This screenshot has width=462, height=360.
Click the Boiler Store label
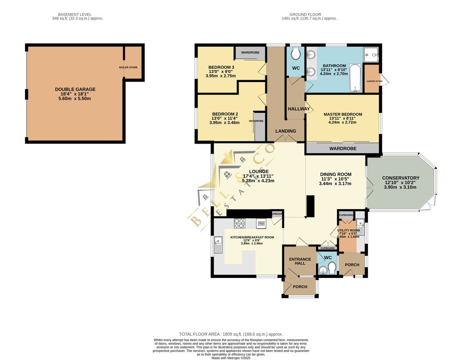tap(128, 67)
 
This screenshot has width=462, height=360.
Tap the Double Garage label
tap(75, 89)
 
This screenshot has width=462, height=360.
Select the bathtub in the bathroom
tap(355, 78)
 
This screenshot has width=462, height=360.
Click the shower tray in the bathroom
tap(371, 55)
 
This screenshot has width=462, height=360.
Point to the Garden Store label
tap(374, 81)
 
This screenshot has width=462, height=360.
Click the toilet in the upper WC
tap(296, 53)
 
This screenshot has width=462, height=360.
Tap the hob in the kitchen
tap(239, 223)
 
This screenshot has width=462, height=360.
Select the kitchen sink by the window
tap(218, 245)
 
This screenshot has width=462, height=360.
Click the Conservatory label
tap(400, 178)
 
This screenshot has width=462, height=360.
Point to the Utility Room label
tap(348, 230)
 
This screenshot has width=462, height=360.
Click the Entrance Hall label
tap(300, 261)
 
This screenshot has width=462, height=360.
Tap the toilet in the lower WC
tap(331, 268)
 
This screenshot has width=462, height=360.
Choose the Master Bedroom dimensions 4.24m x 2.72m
tap(342, 122)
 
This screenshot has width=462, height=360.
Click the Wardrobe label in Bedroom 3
tap(250, 52)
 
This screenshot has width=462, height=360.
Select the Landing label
tap(286, 131)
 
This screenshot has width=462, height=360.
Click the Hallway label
tap(299, 109)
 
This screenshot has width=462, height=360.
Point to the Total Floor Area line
tap(231, 334)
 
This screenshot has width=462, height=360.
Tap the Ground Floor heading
tap(305, 15)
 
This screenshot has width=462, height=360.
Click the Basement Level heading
tap(75, 15)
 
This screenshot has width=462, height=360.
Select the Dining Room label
tap(336, 174)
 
